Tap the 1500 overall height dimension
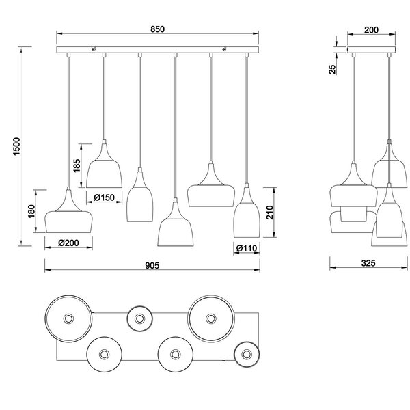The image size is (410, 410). tap(18, 145)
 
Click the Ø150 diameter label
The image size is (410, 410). tap(105, 197)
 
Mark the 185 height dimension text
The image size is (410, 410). tap(76, 165)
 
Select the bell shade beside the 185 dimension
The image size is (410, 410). tap(104, 167)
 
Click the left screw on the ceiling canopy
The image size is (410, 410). tap(95, 49)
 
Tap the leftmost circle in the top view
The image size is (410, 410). tap(67, 320)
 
